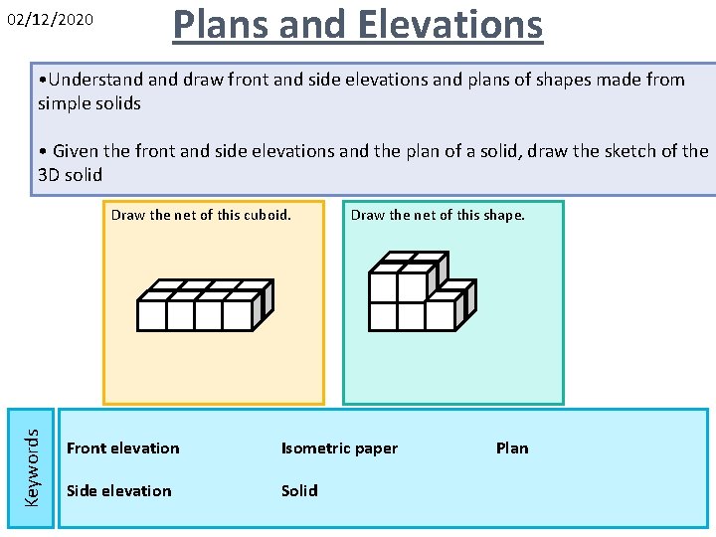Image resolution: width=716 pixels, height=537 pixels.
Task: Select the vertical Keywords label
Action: [32, 465]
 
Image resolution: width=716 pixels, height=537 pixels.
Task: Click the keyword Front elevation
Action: [122, 448]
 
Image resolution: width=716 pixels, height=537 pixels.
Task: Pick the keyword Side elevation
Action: [118, 490]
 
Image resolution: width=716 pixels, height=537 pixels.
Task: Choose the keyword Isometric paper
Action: [339, 448]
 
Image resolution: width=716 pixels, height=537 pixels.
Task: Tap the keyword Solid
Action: [299, 490]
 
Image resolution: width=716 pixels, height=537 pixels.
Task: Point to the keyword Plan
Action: [512, 448]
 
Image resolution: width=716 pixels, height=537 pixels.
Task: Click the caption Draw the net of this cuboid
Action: [201, 215]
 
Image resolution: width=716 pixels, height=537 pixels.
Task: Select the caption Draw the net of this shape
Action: [438, 215]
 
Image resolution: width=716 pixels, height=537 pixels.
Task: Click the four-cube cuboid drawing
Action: [204, 304]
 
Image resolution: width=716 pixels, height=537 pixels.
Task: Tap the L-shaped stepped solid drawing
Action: [422, 289]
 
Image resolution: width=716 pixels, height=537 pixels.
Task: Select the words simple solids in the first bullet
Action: [89, 103]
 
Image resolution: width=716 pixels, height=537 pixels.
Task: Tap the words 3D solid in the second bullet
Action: [70, 175]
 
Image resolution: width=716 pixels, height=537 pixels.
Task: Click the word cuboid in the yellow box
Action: [266, 215]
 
